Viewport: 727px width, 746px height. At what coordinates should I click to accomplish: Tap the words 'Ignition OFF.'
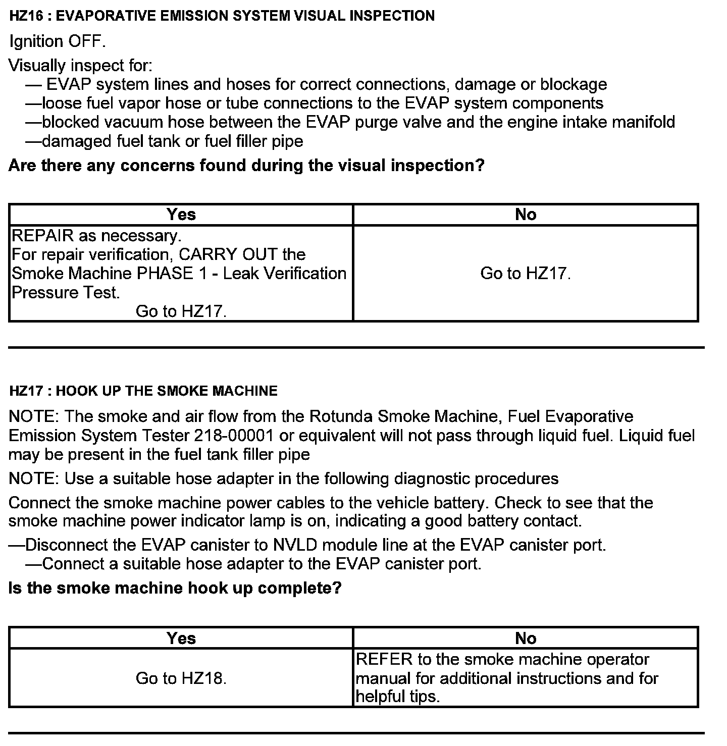tap(58, 41)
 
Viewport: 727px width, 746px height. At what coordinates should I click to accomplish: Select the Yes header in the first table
tap(181, 215)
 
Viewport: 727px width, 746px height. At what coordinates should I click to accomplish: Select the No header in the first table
tap(526, 215)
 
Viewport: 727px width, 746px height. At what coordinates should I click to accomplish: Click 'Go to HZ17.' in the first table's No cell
tap(526, 273)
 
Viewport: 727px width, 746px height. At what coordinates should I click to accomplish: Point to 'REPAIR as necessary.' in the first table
tap(96, 236)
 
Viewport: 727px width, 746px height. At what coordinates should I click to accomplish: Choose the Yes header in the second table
tap(181, 638)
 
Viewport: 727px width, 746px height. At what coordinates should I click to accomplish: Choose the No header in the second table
tap(526, 638)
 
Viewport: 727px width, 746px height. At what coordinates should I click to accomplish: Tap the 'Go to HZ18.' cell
tap(181, 678)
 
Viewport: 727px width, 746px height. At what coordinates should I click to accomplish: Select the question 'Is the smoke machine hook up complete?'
tap(175, 588)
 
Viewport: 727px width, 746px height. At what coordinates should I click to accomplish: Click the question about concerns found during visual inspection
tap(246, 165)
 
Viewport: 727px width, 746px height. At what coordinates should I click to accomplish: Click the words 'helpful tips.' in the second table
tap(398, 697)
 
